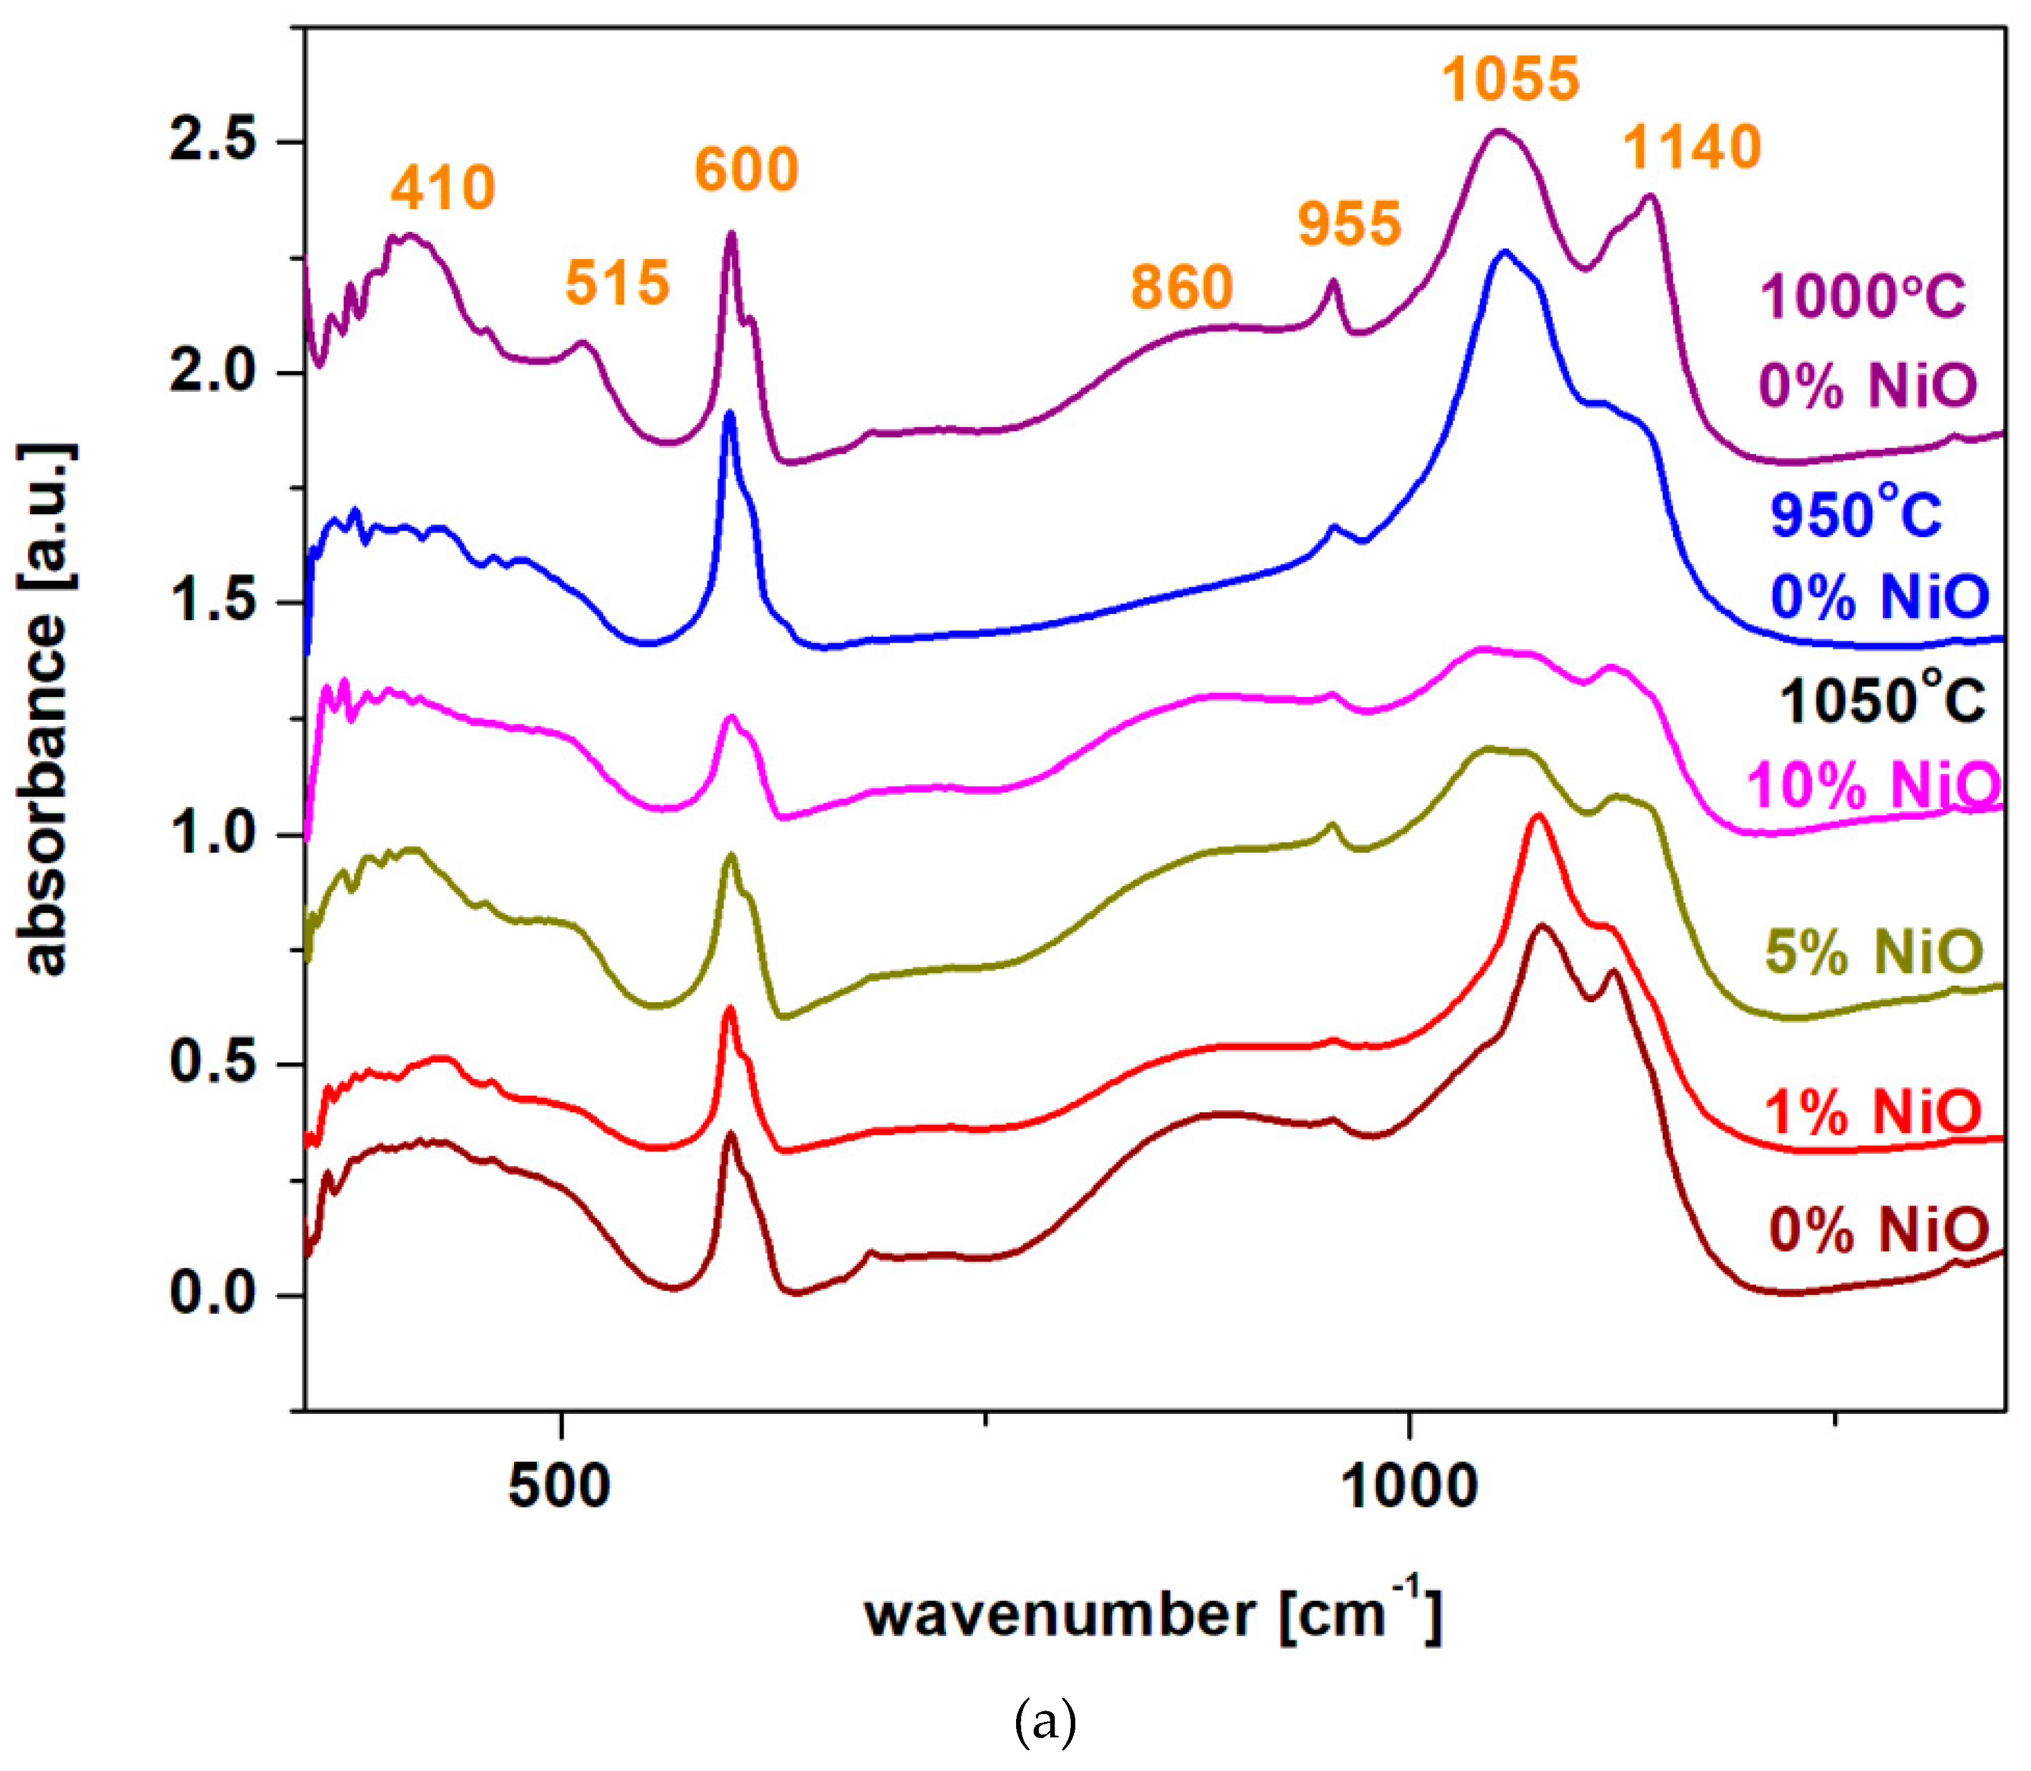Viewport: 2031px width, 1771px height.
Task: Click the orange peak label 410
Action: (442, 188)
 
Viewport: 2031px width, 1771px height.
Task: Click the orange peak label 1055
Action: (1510, 79)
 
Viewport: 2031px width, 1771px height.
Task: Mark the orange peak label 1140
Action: (1692, 148)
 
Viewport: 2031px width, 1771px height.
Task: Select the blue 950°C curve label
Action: (1855, 514)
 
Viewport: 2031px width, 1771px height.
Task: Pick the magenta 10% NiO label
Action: (1873, 786)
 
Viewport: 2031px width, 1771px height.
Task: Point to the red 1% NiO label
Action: (1873, 1112)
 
